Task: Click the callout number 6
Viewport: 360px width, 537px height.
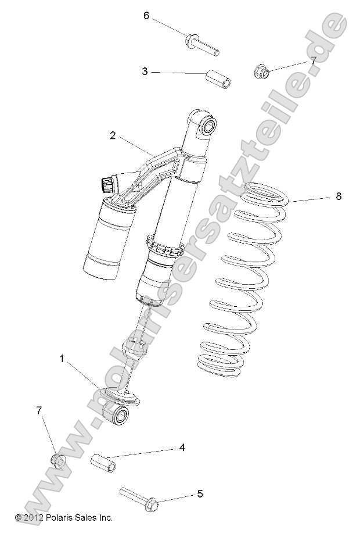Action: pyautogui.click(x=146, y=16)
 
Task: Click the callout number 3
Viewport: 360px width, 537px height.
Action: pyautogui.click(x=145, y=71)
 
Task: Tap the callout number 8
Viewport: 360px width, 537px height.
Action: pyautogui.click(x=338, y=196)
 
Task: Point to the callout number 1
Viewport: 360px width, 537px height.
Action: pyautogui.click(x=62, y=359)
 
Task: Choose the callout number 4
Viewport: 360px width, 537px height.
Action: pyautogui.click(x=182, y=448)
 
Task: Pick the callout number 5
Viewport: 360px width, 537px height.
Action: pyautogui.click(x=200, y=495)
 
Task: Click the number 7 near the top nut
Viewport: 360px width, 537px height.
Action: pyautogui.click(x=313, y=60)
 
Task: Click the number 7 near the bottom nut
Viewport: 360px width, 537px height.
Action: pyautogui.click(x=39, y=411)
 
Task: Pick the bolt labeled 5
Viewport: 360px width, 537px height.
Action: pyautogui.click(x=139, y=497)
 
